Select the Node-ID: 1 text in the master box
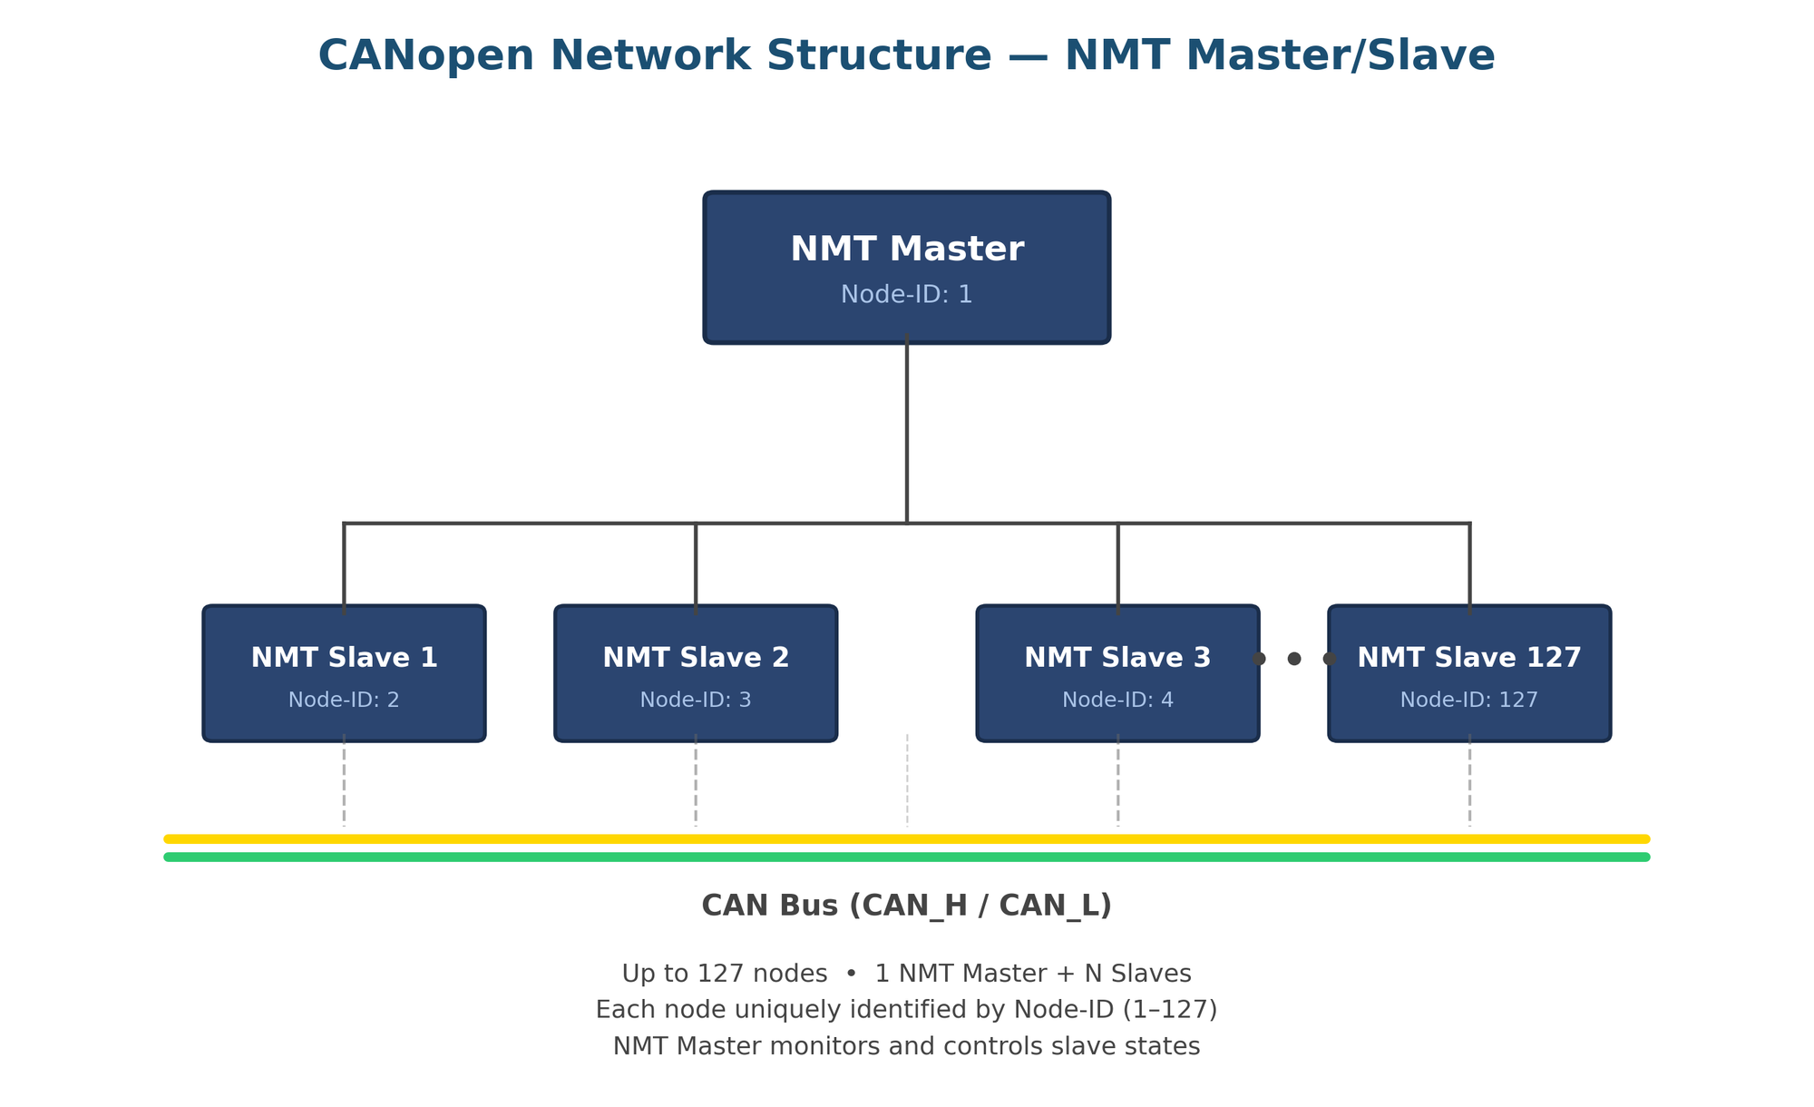pyautogui.click(x=907, y=295)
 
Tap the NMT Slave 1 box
pyautogui.click(x=344, y=673)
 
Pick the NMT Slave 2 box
pyautogui.click(x=696, y=673)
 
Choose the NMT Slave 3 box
pyautogui.click(x=1117, y=673)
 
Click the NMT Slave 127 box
pyautogui.click(x=1469, y=673)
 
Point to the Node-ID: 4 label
pyautogui.click(x=1117, y=700)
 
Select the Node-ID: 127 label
pyautogui.click(x=1469, y=700)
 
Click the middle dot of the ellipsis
pyautogui.click(x=1294, y=659)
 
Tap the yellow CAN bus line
pyautogui.click(x=907, y=838)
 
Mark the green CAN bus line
pyautogui.click(x=907, y=857)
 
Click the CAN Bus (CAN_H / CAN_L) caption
pyautogui.click(x=907, y=906)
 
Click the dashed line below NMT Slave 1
pyautogui.click(x=344, y=780)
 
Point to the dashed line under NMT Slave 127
pyautogui.click(x=1469, y=780)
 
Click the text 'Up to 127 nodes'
pyautogui.click(x=724, y=974)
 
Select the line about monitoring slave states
pyautogui.click(x=907, y=1046)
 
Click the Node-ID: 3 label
pyautogui.click(x=696, y=700)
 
